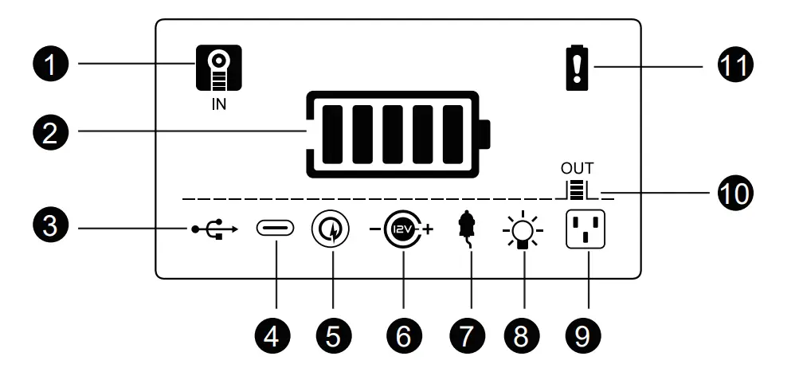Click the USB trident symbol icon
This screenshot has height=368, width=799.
click(213, 229)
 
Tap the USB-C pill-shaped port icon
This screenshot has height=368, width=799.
click(275, 229)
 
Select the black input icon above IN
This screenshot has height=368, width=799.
click(218, 67)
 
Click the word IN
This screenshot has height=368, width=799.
click(218, 104)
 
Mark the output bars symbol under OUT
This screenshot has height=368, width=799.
click(579, 190)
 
